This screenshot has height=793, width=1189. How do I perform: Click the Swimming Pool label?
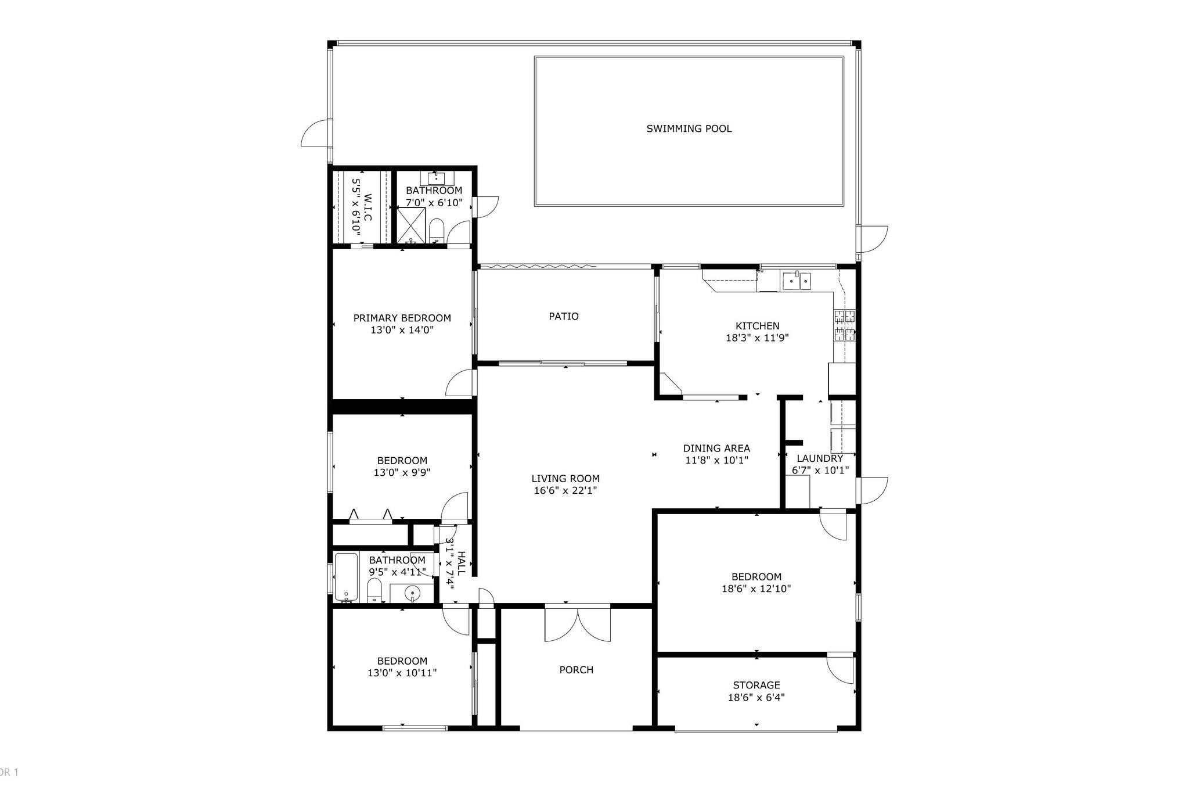[x=689, y=128]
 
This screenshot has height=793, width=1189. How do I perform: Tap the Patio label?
[x=563, y=316]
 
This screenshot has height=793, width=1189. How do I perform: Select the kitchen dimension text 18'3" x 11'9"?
[x=757, y=338]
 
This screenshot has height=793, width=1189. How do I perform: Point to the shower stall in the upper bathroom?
[x=411, y=225]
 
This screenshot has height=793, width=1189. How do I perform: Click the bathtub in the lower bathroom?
[x=345, y=577]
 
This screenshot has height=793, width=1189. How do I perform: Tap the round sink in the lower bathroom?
[x=412, y=594]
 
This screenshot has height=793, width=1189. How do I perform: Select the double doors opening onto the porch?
[x=578, y=623]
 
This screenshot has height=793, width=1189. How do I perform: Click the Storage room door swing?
[x=841, y=668]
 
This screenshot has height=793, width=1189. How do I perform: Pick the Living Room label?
[x=565, y=478]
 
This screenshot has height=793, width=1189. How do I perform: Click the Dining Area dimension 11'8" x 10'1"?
[x=716, y=461]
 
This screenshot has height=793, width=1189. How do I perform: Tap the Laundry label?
[x=820, y=458]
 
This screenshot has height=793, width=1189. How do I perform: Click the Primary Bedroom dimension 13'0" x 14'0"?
[x=402, y=330]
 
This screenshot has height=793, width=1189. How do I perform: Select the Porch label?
[x=576, y=669]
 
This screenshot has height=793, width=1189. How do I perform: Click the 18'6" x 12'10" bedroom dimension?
[x=756, y=589]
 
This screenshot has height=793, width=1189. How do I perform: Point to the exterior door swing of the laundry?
[x=872, y=490]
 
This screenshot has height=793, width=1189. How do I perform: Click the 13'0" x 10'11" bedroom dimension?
[x=402, y=673]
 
